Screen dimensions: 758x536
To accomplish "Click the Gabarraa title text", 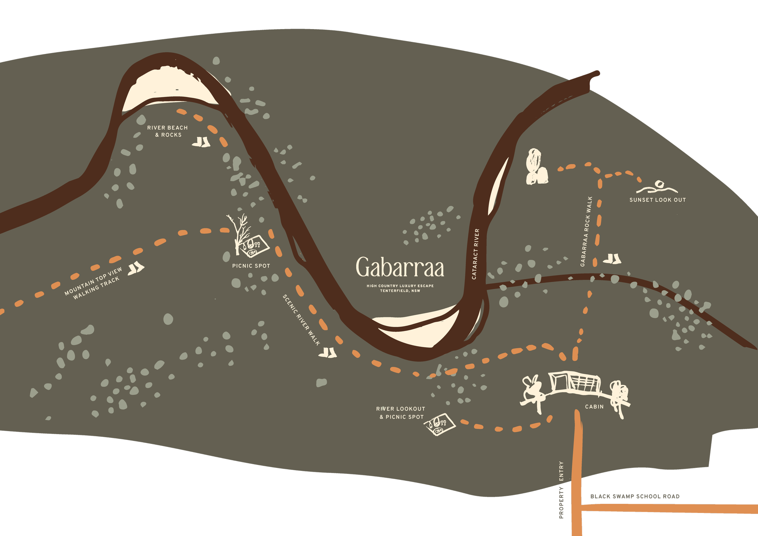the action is point(400,267).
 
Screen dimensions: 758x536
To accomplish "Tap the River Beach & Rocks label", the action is point(168,131).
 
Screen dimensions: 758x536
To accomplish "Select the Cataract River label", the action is point(475,254).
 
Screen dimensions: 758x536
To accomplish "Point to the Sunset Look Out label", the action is point(658,200).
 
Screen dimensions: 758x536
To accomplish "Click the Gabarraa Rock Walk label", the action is point(586,231).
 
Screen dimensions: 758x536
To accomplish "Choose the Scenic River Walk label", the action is point(301,320).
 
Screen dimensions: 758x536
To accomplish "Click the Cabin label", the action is point(594,407).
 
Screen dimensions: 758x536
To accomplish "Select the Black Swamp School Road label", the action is point(635,496).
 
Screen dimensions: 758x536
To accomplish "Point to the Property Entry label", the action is point(561,490).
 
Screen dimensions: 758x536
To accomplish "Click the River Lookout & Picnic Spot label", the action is point(401,413).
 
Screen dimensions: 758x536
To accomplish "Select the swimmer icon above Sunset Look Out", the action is point(657,187).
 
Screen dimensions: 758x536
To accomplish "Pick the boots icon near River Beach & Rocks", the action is point(201,142).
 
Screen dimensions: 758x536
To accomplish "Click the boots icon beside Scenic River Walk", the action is point(327,353).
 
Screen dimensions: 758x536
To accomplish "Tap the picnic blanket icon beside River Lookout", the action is point(439,424).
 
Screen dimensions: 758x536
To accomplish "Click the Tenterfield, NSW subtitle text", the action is point(400,291).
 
